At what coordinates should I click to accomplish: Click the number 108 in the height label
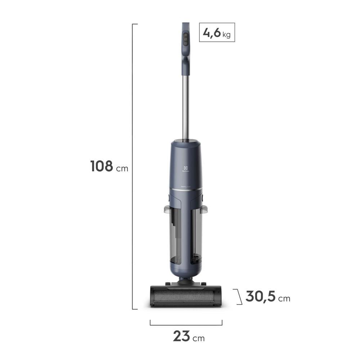(102, 166)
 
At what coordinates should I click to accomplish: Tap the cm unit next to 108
(122, 168)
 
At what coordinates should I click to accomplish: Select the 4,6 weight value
(211, 32)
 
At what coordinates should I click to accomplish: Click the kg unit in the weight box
(226, 35)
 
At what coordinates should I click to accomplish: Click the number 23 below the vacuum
(181, 336)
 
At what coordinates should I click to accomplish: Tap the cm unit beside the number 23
(198, 338)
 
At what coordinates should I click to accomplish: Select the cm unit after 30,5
(284, 299)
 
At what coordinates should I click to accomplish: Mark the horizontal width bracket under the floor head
(186, 324)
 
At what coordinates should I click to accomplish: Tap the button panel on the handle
(186, 39)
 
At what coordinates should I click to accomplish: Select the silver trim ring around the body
(186, 189)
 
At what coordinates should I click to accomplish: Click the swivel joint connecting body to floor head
(186, 279)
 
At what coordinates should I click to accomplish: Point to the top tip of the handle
(186, 24)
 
